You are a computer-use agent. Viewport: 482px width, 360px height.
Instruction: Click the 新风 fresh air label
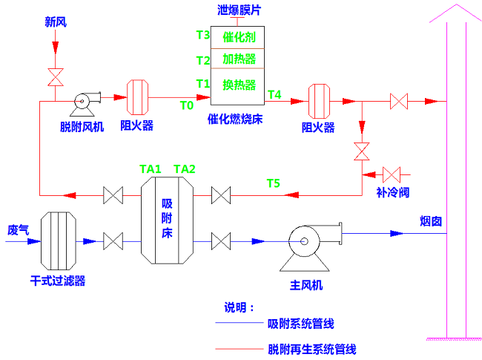point(56,22)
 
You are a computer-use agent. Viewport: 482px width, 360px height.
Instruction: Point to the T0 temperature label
point(187,105)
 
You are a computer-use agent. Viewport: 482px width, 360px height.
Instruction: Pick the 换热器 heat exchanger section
point(239,84)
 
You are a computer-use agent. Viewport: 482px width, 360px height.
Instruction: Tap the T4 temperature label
point(274,94)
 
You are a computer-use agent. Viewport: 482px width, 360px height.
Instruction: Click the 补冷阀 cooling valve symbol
point(392,174)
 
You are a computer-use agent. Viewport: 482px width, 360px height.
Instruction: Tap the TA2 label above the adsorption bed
point(185,169)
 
